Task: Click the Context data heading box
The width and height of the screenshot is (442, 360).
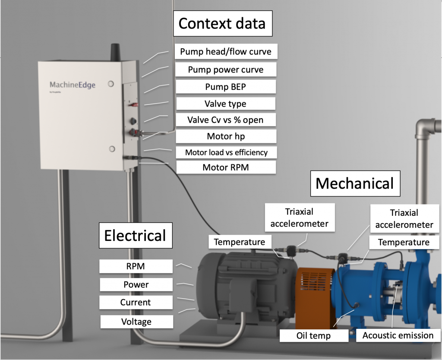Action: click(x=223, y=23)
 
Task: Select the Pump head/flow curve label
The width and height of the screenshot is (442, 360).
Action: click(x=226, y=51)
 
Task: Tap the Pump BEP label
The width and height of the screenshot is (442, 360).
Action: click(x=225, y=86)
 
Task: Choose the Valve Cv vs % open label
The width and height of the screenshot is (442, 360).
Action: click(x=225, y=120)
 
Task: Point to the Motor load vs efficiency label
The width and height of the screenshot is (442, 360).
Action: click(x=226, y=152)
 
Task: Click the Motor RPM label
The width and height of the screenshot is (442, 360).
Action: click(x=226, y=167)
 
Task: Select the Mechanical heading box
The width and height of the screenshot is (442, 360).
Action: click(x=355, y=183)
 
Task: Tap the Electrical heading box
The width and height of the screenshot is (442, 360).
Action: click(x=136, y=235)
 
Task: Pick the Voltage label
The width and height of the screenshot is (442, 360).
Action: click(x=137, y=322)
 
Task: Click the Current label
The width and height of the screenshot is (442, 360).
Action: click(x=136, y=302)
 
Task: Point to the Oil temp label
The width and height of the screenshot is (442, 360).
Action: click(x=314, y=335)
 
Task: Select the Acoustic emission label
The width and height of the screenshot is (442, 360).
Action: click(x=398, y=335)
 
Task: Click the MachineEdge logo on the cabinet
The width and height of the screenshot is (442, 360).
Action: click(x=73, y=85)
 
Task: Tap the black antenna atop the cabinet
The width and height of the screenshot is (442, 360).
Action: click(x=115, y=52)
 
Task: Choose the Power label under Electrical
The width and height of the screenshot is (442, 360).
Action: click(x=136, y=284)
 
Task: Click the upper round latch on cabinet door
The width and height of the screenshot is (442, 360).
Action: click(x=111, y=84)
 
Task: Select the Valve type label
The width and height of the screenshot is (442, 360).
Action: click(x=225, y=104)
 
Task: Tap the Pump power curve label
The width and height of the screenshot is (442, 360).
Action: click(x=226, y=69)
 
